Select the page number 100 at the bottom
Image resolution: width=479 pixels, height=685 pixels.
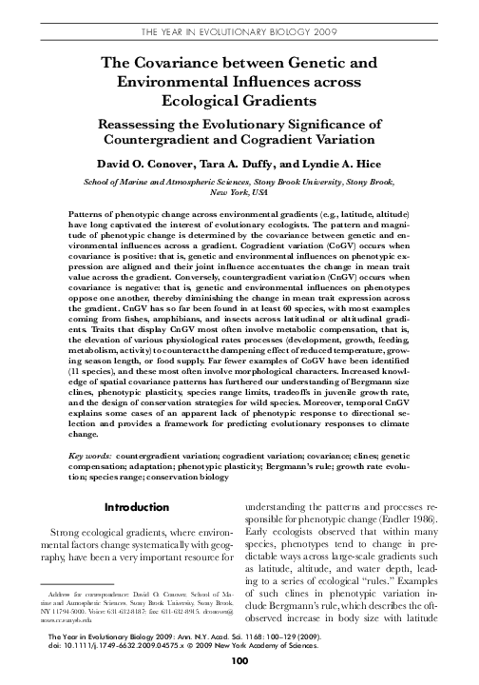tap(239, 667)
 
